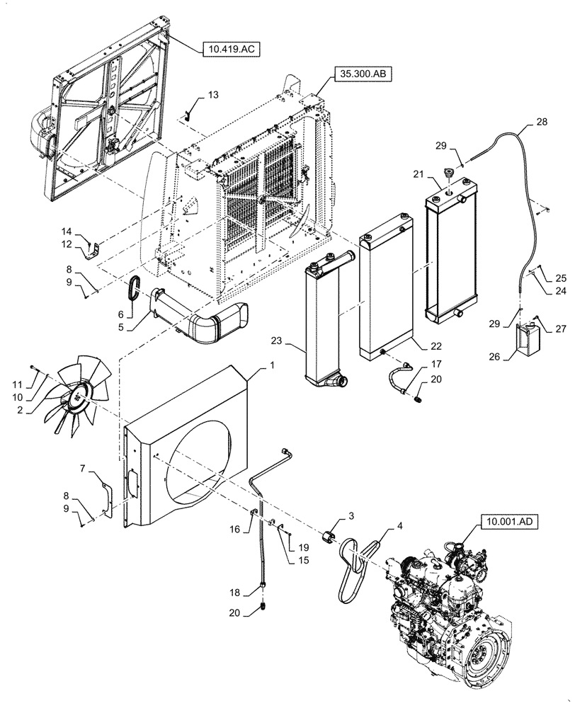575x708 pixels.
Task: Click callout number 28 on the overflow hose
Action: [541, 123]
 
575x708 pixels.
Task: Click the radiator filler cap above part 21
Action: [447, 174]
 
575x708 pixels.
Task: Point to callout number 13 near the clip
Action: [213, 95]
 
